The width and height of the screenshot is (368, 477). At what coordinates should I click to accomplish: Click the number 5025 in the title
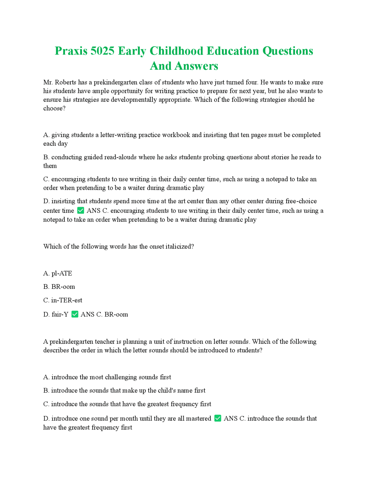pyautogui.click(x=102, y=51)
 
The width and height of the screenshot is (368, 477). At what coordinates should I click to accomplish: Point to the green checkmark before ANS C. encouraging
pyautogui.click(x=81, y=211)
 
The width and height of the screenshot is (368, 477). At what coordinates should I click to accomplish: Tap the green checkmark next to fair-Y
pyautogui.click(x=75, y=314)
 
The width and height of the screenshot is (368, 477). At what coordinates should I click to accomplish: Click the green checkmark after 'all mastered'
pyautogui.click(x=218, y=418)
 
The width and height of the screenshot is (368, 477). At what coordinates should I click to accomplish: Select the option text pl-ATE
pyautogui.click(x=62, y=273)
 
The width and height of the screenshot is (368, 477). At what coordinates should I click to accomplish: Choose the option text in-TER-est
pyautogui.click(x=67, y=300)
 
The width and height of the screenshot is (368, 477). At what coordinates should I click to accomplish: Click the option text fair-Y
pyautogui.click(x=60, y=315)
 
